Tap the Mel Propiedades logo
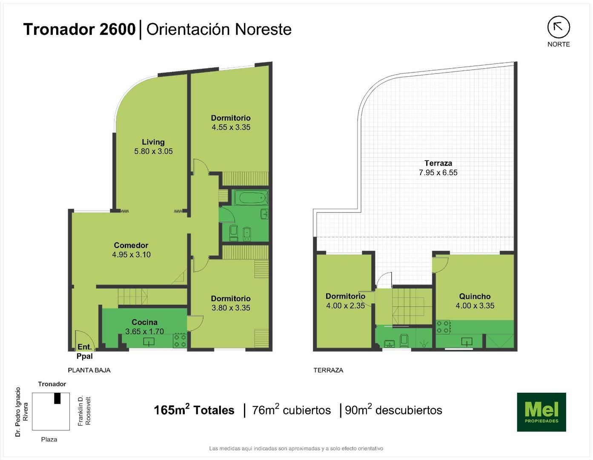[x=541, y=412]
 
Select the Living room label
[x=153, y=142]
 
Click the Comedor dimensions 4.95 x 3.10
[x=131, y=255]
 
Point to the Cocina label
[x=144, y=322]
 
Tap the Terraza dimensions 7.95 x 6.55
[x=438, y=172]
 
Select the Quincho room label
[x=475, y=296]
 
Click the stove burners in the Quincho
[x=442, y=327]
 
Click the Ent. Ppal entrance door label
[x=85, y=352]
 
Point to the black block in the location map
[x=57, y=398]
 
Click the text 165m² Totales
[x=194, y=410]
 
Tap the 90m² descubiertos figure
[x=393, y=410]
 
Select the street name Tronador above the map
[x=52, y=384]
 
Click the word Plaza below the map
[x=49, y=440]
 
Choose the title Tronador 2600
[x=80, y=29]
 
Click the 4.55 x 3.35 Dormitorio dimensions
[x=231, y=127]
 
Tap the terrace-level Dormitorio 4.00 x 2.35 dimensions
[x=346, y=306]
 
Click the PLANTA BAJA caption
[x=89, y=370]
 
